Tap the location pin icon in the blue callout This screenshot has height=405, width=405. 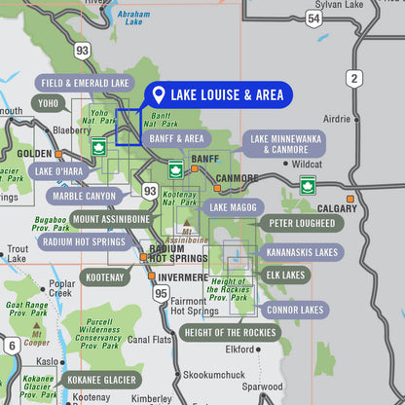(x=157, y=95)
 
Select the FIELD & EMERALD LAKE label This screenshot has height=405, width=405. (x=85, y=84)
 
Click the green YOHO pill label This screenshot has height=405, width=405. (x=49, y=102)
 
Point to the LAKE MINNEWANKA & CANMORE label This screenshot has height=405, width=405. (x=284, y=144)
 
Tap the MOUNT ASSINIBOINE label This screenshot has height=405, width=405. (x=112, y=219)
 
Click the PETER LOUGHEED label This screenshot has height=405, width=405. (x=302, y=223)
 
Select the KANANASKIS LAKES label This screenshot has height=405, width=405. (x=302, y=251)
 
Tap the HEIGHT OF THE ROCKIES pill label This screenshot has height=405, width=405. (x=231, y=333)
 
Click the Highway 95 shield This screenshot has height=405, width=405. (x=161, y=293)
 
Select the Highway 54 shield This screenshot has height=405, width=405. (x=313, y=18)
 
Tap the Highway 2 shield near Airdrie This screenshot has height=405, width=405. (x=353, y=78)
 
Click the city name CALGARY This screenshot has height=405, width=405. (x=337, y=208)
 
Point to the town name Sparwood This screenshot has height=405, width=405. (x=263, y=387)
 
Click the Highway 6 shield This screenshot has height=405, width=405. (x=12, y=346)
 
